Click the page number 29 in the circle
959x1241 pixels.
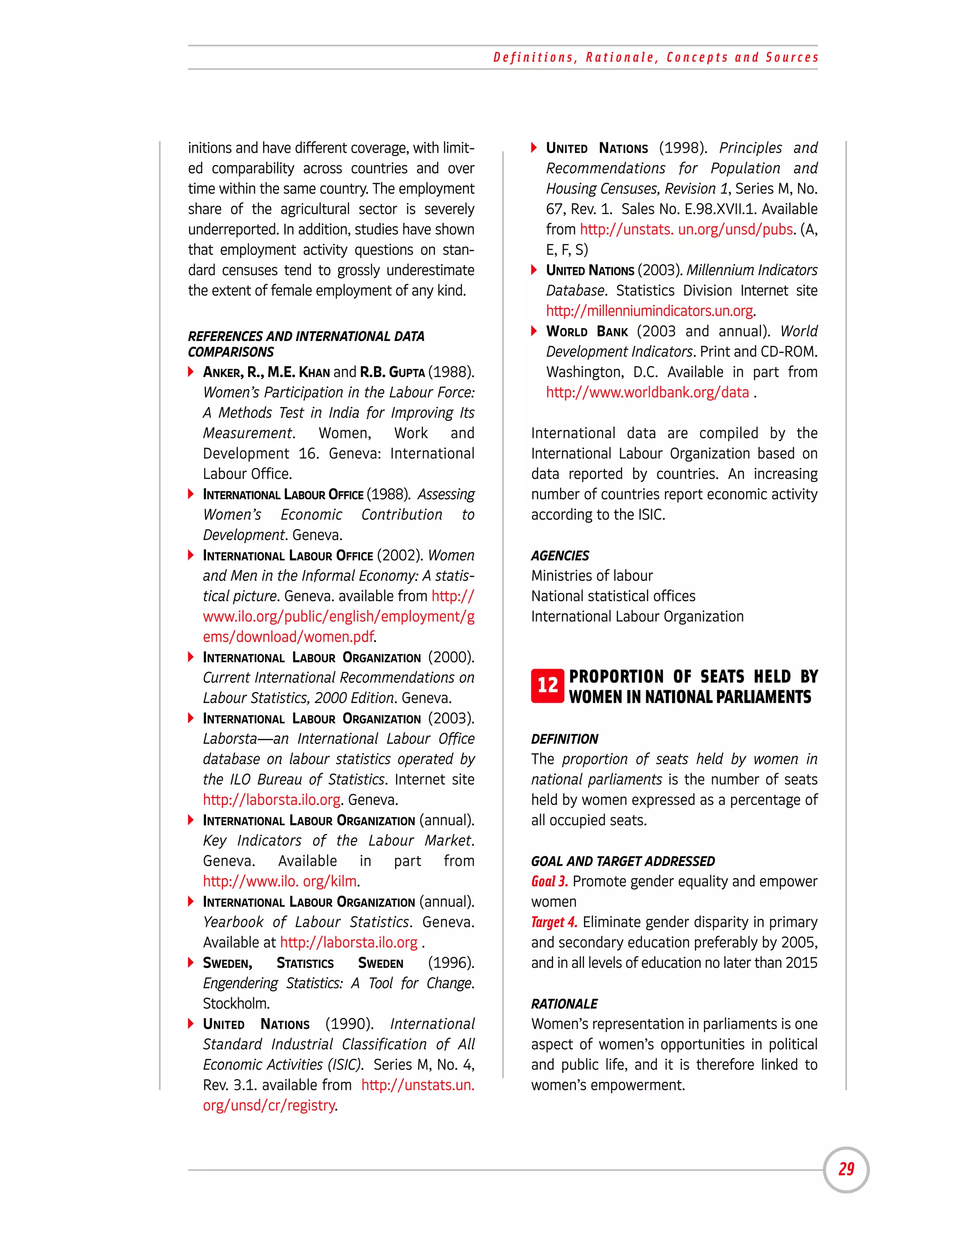coord(846,1169)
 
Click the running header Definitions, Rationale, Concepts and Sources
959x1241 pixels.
coord(656,58)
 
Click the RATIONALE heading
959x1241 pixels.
coord(564,1004)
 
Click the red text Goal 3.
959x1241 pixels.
coord(549,881)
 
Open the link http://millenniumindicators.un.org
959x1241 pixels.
coord(649,311)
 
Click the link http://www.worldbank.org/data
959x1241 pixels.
coord(647,392)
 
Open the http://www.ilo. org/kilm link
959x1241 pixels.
coord(280,881)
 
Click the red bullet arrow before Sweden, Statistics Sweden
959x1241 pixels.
coord(192,962)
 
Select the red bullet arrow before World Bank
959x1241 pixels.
coord(534,331)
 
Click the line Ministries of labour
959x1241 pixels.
coord(591,576)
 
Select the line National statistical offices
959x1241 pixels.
coord(612,596)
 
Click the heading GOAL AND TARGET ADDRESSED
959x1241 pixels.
coord(623,861)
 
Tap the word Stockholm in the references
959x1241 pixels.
coord(236,1004)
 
